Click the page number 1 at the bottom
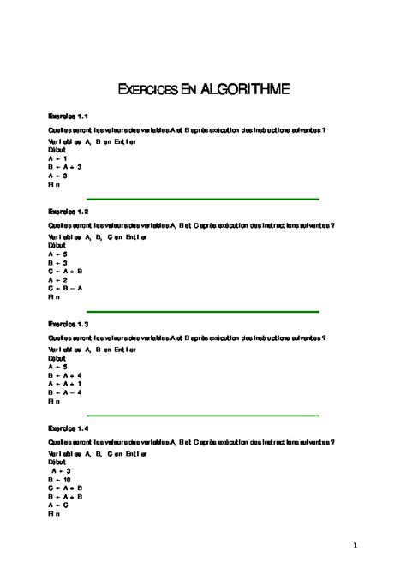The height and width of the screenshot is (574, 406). coord(354,545)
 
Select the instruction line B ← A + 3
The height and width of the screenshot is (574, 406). coord(65,166)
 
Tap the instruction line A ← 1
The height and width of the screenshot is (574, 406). coord(58,158)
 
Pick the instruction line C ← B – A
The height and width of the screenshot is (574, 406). coord(66,289)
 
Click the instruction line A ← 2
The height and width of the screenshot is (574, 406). coord(58,279)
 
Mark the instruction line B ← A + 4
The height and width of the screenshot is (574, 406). coord(65,374)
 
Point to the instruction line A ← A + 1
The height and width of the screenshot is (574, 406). coord(65,383)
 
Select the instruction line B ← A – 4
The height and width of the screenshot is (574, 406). coord(65,392)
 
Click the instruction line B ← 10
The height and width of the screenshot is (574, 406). coord(60,479)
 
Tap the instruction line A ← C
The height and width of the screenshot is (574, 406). coord(58,505)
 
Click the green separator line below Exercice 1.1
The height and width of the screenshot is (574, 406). coord(203,199)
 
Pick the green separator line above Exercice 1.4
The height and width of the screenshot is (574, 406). coord(203,415)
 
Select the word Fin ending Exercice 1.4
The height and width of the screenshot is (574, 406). coord(55,513)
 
